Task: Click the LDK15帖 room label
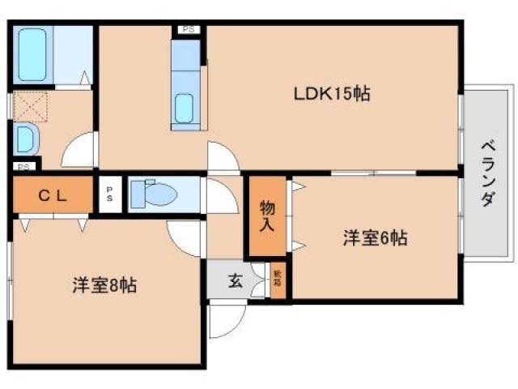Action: click(x=332, y=94)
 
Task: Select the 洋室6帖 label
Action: click(x=374, y=238)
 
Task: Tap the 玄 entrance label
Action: click(x=235, y=281)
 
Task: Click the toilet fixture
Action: click(x=154, y=194)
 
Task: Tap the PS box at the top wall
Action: click(x=189, y=30)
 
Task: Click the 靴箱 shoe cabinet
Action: click(x=278, y=281)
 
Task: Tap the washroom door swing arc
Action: click(x=79, y=151)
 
